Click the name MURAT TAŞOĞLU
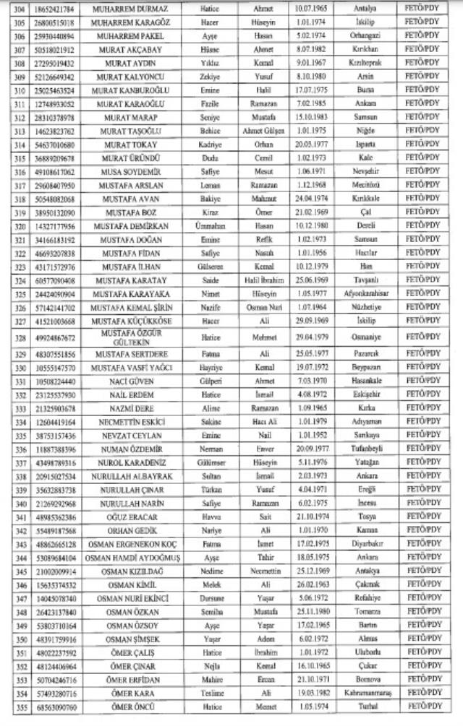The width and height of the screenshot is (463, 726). pos(121,131)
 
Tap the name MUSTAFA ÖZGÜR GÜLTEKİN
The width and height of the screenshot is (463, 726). pos(121,337)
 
